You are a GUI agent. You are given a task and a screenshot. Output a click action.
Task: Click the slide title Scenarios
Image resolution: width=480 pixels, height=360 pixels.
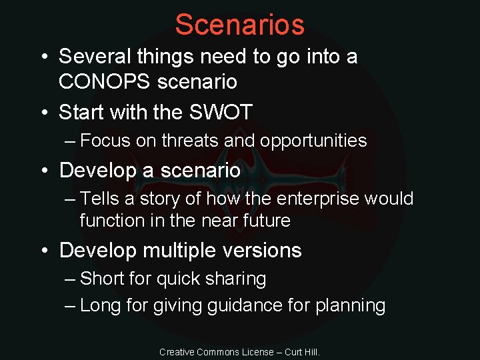[x=239, y=25]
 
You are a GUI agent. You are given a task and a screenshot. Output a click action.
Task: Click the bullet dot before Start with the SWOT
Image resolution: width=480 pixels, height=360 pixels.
[x=44, y=113]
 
